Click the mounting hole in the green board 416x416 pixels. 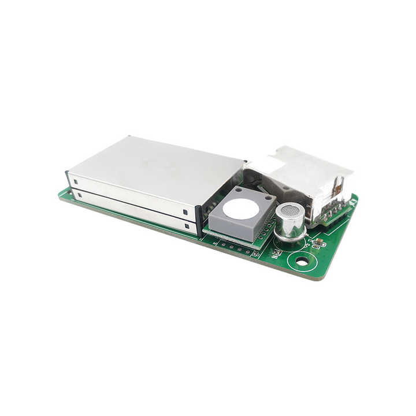tap(302, 261)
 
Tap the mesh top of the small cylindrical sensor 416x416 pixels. tap(291, 211)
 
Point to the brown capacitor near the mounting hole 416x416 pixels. tap(317, 243)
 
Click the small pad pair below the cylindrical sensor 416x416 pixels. tap(276, 252)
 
